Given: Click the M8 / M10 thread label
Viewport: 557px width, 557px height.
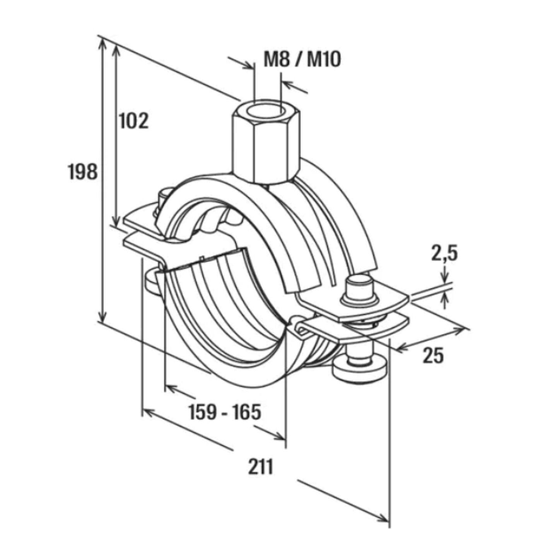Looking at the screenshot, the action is (x=302, y=60).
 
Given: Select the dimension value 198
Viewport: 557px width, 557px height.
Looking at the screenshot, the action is (x=83, y=171).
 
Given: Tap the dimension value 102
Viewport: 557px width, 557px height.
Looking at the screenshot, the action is (x=134, y=120).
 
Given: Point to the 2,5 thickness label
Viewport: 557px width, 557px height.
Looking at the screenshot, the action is (x=444, y=254).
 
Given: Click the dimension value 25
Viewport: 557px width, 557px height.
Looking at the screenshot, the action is (x=433, y=355).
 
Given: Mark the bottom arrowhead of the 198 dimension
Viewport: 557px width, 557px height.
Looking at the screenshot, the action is (x=101, y=318).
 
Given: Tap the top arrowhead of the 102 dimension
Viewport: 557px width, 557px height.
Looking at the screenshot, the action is (x=116, y=49).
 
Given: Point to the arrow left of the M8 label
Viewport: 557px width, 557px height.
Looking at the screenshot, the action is (x=240, y=63).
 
